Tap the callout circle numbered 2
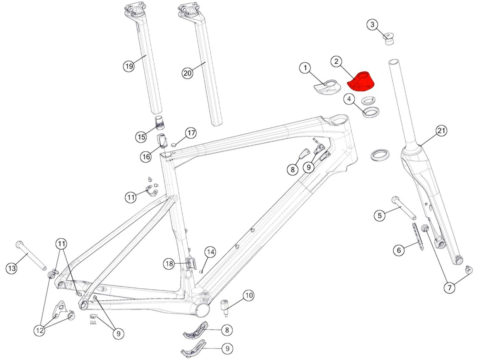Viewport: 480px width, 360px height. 336,61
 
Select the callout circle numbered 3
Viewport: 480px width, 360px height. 372,25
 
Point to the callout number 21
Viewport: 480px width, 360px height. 441,131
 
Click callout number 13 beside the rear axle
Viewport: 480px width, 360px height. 12,268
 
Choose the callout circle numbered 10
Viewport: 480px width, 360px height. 249,295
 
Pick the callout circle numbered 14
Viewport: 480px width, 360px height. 210,252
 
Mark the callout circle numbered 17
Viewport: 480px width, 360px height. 191,133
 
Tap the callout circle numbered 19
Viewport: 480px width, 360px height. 129,66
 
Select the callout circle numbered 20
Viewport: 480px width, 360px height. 188,73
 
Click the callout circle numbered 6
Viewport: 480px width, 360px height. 399,250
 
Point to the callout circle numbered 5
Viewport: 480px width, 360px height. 380,215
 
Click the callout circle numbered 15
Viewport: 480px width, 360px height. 141,137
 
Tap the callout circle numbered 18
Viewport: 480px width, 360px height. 169,264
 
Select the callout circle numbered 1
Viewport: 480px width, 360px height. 305,68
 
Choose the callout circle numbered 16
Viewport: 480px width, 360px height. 146,157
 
